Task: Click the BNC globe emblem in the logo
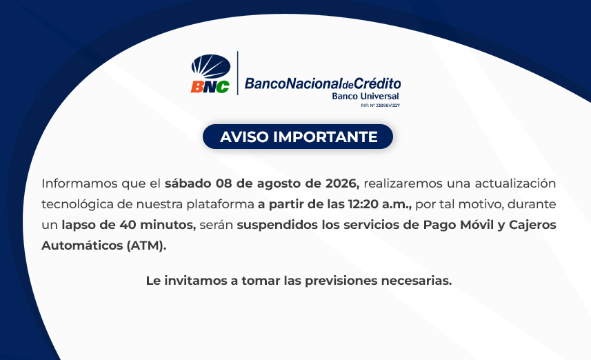pos(211,66)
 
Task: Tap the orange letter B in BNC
pos(197,87)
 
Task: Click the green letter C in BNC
pos(222,87)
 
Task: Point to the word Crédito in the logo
pos(377,83)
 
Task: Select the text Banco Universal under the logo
pos(365,96)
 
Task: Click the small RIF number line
pos(380,106)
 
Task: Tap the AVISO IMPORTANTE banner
pos(298,137)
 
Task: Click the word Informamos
pos(79,183)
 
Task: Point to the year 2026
pos(342,183)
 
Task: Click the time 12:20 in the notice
pos(363,204)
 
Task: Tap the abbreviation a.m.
pos(397,204)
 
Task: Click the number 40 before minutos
pos(128,225)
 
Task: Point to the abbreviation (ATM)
pos(147,246)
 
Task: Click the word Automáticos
pos(82,246)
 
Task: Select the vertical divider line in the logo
pos(237,73)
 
